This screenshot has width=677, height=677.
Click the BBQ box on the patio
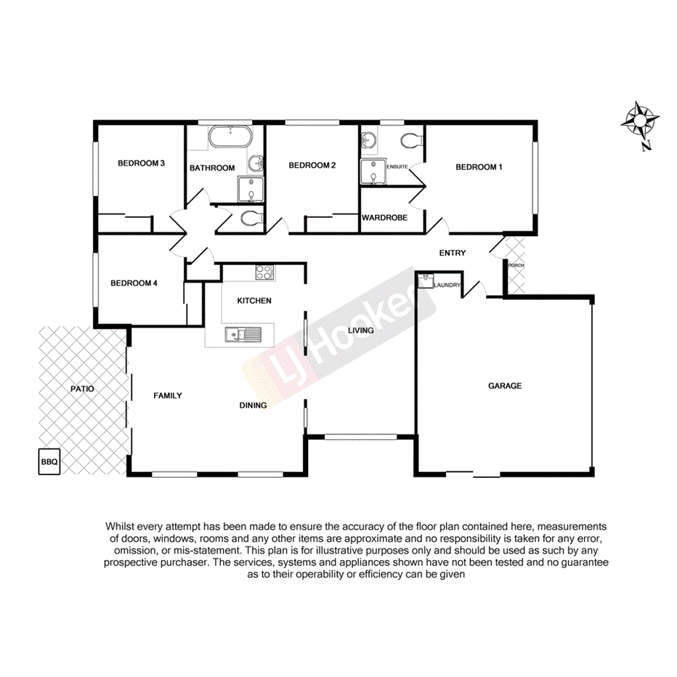49,462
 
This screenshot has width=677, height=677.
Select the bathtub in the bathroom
230,137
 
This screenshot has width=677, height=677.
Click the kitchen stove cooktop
264,273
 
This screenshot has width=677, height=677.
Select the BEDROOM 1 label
479,167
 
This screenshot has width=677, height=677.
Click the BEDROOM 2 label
312,166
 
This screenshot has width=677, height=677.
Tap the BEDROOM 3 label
142,163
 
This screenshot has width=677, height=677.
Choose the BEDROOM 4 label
134,283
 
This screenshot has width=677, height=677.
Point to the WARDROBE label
384,217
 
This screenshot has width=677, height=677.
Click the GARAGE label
504,386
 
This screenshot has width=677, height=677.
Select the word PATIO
82,389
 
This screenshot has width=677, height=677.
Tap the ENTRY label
453,253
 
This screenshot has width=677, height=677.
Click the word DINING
254,405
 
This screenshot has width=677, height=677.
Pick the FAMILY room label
167,396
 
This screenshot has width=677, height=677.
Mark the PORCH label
516,265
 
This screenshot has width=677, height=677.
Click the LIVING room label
361,331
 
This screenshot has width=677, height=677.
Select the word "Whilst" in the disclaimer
121,525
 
